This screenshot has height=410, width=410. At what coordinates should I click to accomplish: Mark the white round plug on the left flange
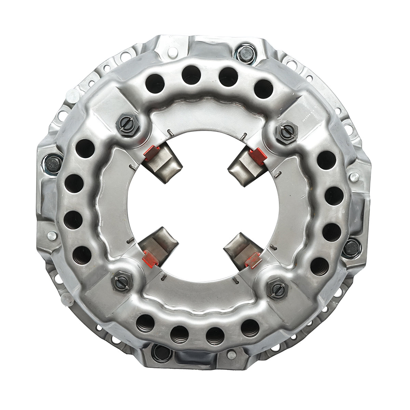click(x=51, y=235)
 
